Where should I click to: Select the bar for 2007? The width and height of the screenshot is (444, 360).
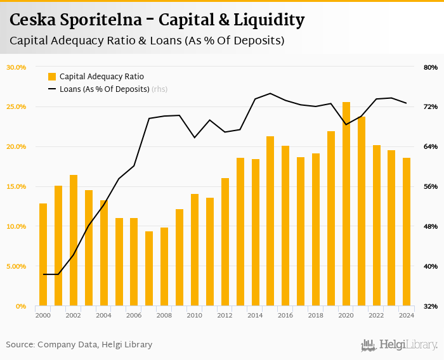click(149, 269)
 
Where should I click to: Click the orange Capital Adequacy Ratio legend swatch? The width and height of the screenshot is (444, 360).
click(52, 77)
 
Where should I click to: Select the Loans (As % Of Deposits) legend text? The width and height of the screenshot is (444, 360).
click(104, 89)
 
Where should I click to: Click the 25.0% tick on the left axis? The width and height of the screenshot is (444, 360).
click(16, 106)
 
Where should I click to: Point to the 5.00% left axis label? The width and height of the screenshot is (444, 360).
click(16, 266)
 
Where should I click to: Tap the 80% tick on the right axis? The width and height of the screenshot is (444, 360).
click(430, 67)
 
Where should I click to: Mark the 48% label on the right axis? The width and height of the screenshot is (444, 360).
click(430, 226)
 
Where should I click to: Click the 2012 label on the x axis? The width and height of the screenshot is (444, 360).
click(225, 315)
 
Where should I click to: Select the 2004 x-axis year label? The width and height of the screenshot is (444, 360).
click(103, 315)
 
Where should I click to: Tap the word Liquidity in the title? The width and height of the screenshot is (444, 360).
click(269, 20)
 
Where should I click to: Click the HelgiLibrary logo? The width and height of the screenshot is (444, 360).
click(399, 345)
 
